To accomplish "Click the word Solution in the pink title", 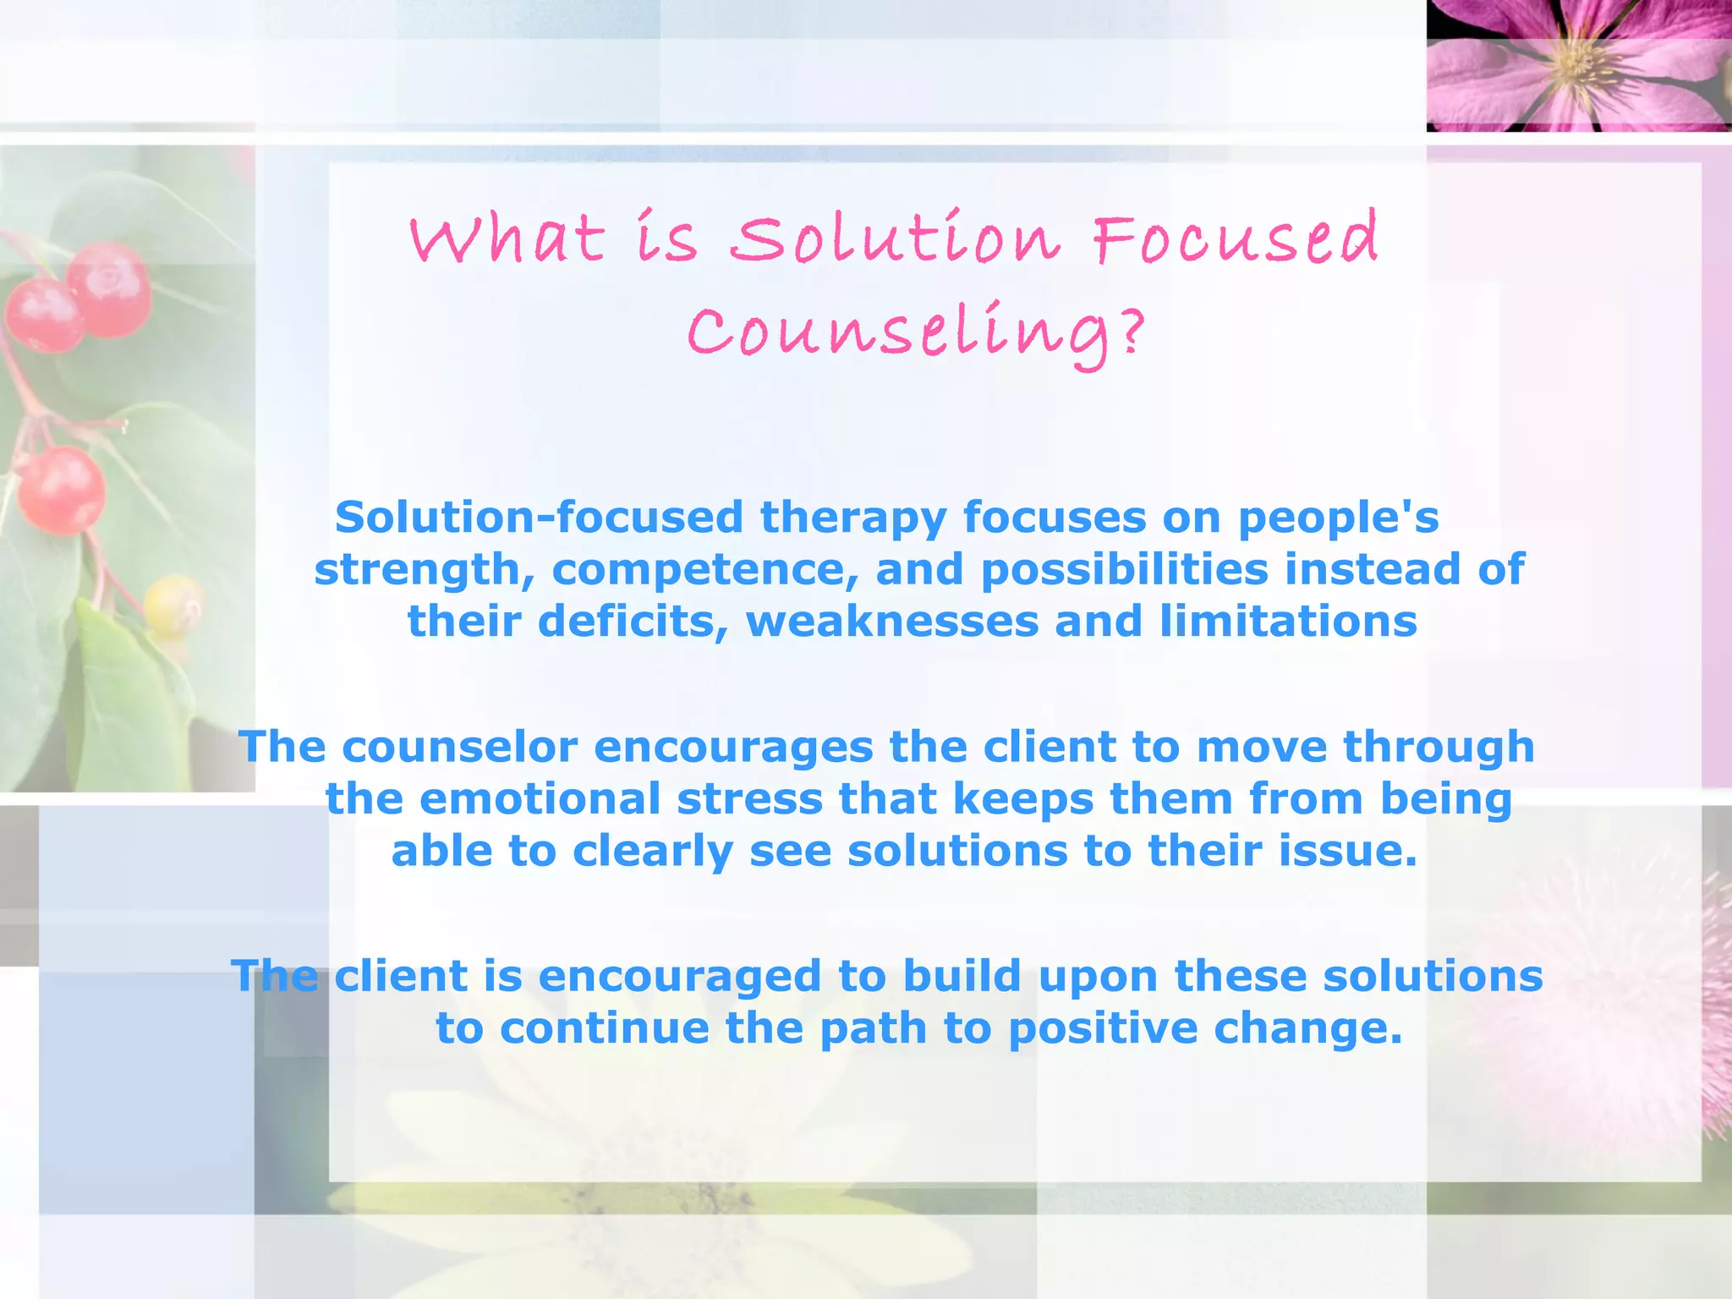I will coord(894,239).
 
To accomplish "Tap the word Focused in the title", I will coord(1236,239).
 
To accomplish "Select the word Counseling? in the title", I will coord(916,334).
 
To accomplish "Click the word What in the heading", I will coord(507,239).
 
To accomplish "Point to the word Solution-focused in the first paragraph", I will coord(539,518).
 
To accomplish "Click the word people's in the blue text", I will coord(1338,518).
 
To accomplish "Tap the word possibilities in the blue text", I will coord(1124,569).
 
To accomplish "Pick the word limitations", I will coord(1288,622).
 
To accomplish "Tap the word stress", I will coord(749,799).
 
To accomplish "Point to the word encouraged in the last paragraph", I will coord(679,977).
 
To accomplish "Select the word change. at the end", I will coord(1307,1029).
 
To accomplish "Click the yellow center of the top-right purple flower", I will coord(1575,61).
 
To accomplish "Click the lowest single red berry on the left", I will coord(61,491).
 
